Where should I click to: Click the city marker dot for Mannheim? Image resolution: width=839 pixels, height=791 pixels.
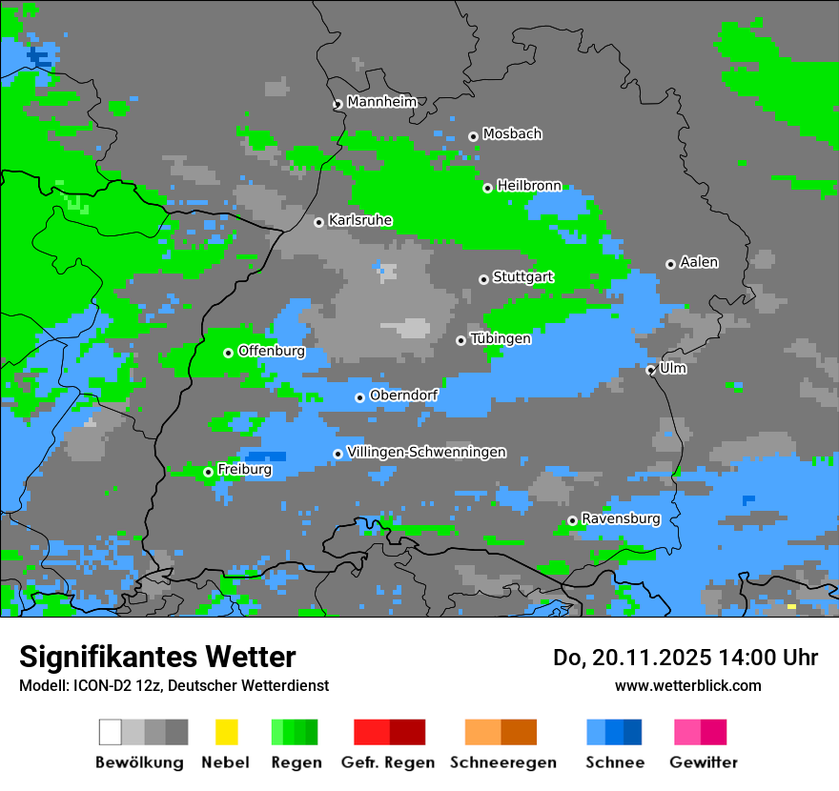click(338, 105)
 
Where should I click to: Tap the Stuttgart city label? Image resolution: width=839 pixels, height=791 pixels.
click(523, 277)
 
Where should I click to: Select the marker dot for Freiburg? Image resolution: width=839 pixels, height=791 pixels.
click(208, 472)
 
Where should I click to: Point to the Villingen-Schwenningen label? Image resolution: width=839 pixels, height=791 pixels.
click(426, 452)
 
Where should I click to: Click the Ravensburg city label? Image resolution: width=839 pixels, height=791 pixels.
click(621, 518)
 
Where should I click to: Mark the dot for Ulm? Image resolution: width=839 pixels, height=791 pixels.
click(650, 370)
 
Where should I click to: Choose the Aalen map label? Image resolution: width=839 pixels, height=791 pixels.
click(699, 262)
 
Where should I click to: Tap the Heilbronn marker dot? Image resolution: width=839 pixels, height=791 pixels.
click(487, 188)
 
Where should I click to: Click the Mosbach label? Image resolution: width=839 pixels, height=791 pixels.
click(512, 134)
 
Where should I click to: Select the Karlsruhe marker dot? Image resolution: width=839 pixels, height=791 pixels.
click(318, 222)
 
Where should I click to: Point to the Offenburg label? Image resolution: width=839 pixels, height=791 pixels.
click(272, 351)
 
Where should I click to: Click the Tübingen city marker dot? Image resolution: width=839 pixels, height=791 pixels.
click(460, 340)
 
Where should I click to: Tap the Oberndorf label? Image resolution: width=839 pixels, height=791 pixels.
click(403, 395)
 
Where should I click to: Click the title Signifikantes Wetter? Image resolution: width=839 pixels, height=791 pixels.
click(157, 657)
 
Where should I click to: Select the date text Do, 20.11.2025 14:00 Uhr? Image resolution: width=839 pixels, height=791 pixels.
click(685, 658)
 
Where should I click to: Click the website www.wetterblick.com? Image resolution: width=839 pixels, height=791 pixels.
click(687, 685)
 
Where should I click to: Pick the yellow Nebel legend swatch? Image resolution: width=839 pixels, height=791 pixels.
click(226, 732)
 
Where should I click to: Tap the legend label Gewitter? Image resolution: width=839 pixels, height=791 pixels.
click(704, 762)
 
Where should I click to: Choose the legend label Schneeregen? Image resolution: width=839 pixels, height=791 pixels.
click(503, 762)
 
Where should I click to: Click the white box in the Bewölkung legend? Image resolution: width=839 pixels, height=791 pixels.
click(111, 732)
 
